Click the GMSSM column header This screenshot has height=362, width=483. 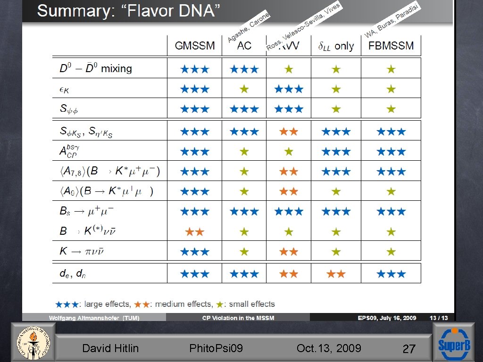point(194,46)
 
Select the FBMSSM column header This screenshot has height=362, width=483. point(391,46)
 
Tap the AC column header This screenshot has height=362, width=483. point(244,46)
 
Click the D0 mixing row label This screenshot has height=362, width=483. point(96,69)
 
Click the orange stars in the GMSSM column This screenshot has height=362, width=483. point(194,231)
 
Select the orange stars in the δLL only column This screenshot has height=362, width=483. point(336,273)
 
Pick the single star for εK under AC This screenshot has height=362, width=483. point(244,89)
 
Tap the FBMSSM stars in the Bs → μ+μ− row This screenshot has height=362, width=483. point(391,212)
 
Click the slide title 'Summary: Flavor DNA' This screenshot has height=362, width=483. point(129,11)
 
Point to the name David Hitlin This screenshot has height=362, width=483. point(110,348)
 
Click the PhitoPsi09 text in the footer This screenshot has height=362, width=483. point(216,348)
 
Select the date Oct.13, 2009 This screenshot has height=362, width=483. point(329,348)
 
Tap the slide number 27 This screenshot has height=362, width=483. point(408,349)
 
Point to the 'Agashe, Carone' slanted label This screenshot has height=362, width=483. point(249,27)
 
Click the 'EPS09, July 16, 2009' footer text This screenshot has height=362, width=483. point(387,318)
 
